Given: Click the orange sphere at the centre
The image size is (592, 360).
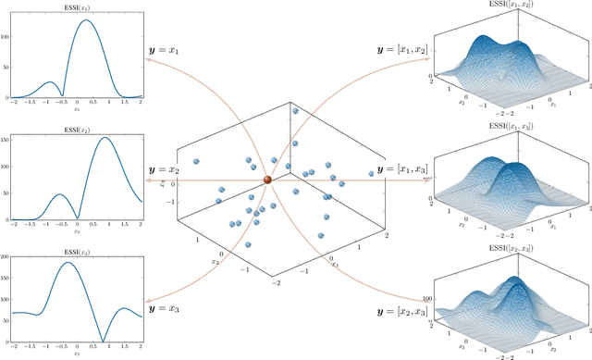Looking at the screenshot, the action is (x=267, y=180).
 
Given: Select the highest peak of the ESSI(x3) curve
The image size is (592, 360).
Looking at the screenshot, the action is (x=68, y=263).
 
